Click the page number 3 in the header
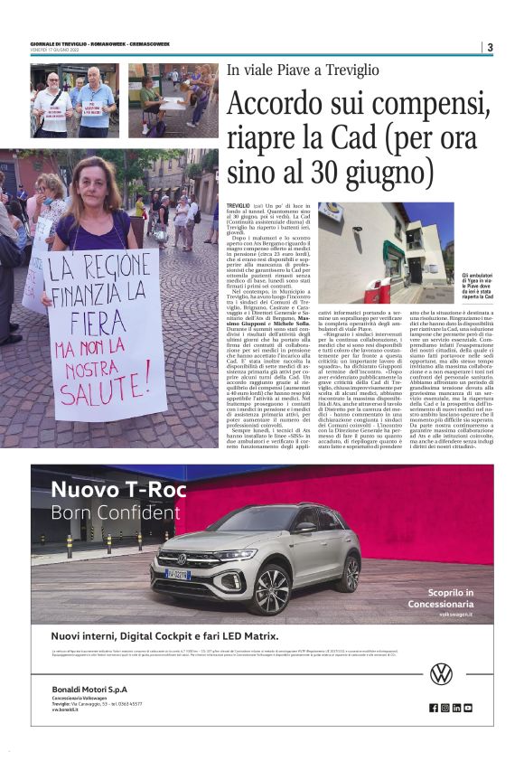click(489, 48)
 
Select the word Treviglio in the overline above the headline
click(348, 70)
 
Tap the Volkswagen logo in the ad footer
click(441, 673)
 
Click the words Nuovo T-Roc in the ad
click(117, 491)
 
